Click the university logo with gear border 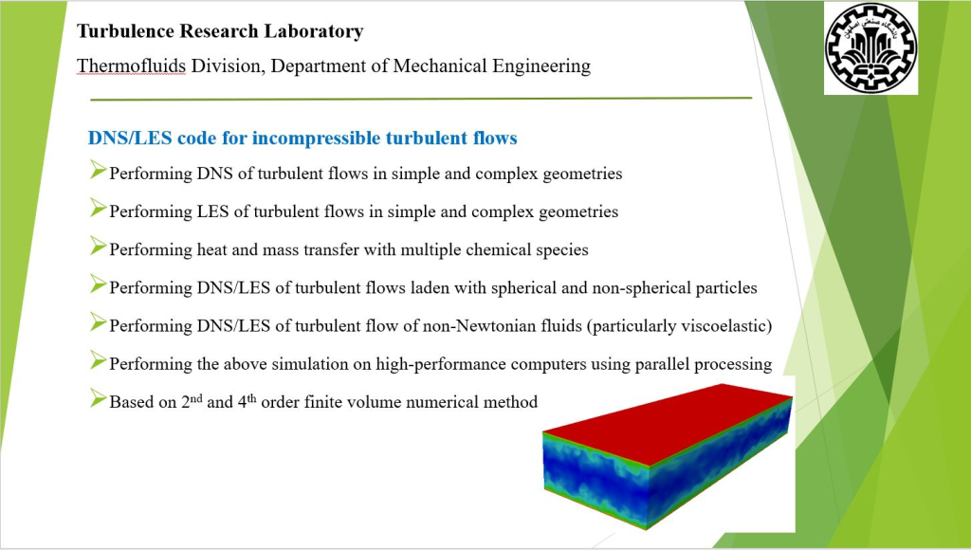point(870,47)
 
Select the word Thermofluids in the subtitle point(131,65)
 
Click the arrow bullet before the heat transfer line point(98,246)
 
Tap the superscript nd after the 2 point(195,397)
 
